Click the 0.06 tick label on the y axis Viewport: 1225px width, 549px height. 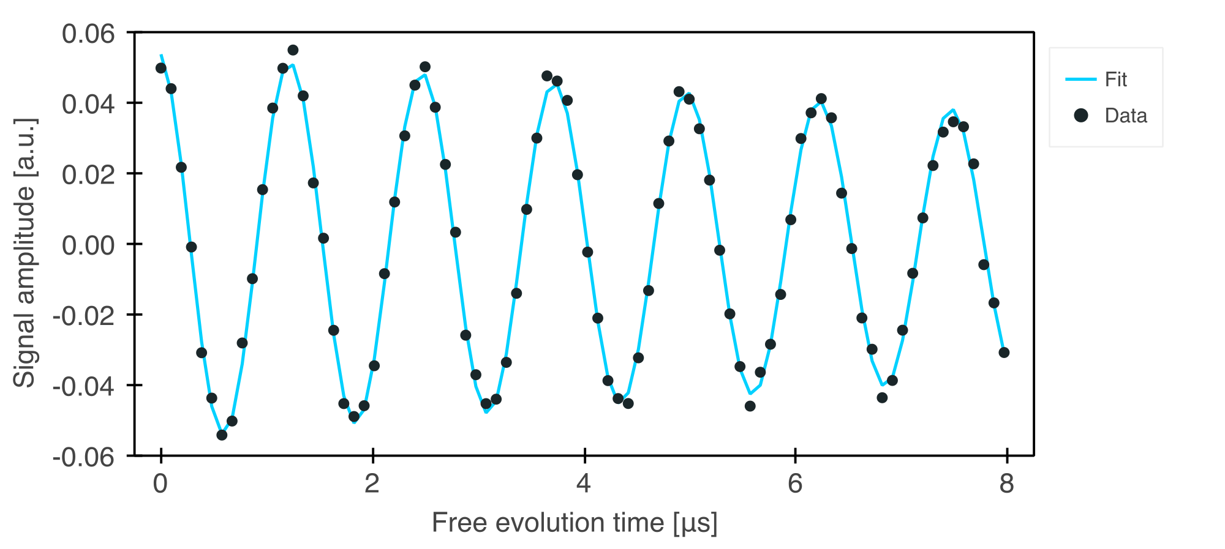click(88, 34)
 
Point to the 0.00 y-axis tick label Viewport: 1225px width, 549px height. click(88, 245)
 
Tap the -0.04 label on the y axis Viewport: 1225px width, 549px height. click(83, 386)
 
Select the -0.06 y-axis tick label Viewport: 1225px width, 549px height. click(83, 457)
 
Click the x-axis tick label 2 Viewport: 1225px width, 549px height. click(372, 484)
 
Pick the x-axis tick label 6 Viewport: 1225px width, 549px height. click(795, 484)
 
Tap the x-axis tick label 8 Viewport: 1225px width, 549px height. click(1007, 484)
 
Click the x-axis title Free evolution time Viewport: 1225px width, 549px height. click(575, 523)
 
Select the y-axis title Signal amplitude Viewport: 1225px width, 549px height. click(24, 253)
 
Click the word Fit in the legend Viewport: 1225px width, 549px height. click(1115, 80)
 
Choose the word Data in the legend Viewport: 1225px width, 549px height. click(1126, 116)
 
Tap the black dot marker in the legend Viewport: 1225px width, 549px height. click(1081, 115)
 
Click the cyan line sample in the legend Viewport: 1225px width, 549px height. click(1080, 80)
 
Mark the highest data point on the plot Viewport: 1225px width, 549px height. click(293, 50)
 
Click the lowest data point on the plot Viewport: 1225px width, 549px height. click(222, 435)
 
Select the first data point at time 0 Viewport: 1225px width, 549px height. click(161, 68)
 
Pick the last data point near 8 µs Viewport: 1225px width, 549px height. click(1004, 353)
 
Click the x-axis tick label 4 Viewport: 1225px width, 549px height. click(584, 484)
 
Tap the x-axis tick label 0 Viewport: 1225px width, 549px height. click(160, 484)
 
